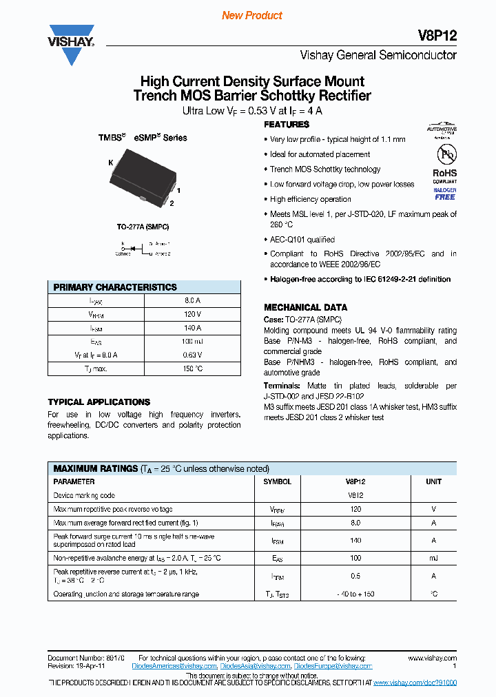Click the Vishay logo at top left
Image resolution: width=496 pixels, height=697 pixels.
71,45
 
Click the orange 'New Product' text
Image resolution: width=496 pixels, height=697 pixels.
251,15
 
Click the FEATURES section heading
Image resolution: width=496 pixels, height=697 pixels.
287,125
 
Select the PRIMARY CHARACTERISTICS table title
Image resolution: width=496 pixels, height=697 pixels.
115,287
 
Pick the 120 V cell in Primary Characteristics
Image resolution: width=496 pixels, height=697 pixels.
192,314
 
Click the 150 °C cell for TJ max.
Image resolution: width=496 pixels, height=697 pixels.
192,368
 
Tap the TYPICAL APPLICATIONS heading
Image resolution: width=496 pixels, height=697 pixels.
99,402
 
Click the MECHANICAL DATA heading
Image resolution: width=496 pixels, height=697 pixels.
305,307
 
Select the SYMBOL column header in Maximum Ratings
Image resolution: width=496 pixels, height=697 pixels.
277,481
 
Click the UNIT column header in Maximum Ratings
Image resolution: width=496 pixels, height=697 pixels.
433,481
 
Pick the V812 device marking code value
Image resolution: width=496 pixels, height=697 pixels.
355,495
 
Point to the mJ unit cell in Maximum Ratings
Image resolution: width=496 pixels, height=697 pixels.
433,557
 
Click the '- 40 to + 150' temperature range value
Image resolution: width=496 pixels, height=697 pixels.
355,594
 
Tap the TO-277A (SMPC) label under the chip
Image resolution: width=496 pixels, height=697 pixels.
143,227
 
